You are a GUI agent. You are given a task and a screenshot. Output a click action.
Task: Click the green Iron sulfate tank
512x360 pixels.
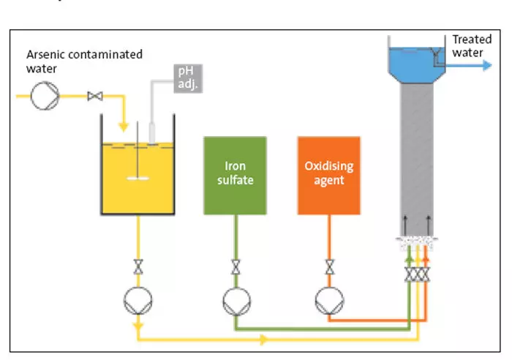[x=235, y=175]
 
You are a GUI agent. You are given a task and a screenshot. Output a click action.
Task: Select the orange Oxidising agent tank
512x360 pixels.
[x=328, y=175]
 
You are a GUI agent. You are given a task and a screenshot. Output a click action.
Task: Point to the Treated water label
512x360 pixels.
[x=472, y=46]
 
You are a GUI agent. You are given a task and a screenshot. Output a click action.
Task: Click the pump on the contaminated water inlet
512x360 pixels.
[x=42, y=96]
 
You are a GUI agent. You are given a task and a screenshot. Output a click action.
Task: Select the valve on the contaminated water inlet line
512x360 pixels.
[x=94, y=96]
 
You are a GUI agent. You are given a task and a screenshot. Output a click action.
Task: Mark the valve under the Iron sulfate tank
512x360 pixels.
[x=235, y=266]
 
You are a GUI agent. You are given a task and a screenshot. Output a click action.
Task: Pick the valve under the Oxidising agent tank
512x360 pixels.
[x=328, y=266]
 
